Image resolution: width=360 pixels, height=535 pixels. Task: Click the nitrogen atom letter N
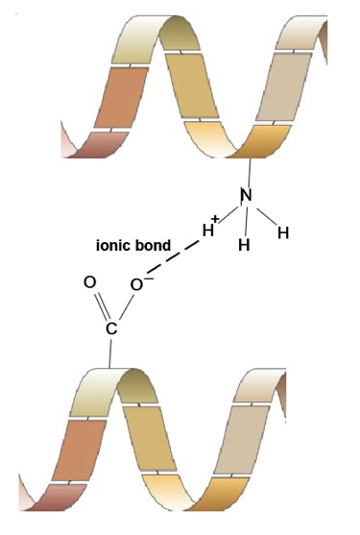tap(246, 196)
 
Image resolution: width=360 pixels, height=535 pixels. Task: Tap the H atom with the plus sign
tap(206, 231)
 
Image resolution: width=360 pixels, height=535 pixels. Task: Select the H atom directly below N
tap(245, 244)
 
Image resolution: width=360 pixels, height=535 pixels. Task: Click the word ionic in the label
tap(116, 246)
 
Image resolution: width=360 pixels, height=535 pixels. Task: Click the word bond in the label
tap(155, 246)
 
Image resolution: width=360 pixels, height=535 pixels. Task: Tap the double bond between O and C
tap(100, 307)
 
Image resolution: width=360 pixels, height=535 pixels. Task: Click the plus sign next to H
tap(216, 220)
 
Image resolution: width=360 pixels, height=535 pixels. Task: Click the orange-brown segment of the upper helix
tap(121, 96)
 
